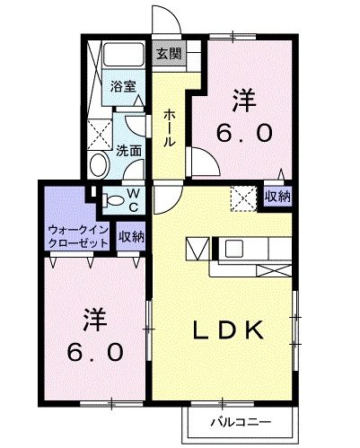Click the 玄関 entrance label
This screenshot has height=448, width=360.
(168, 54)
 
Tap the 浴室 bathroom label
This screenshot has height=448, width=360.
(123, 87)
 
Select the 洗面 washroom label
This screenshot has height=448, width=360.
(128, 151)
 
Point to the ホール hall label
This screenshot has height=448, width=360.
(170, 127)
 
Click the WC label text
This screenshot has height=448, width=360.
(131, 200)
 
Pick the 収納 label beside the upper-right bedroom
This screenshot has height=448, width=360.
(277, 196)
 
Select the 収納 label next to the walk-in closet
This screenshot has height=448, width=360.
(131, 237)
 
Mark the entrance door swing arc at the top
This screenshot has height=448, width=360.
(162, 20)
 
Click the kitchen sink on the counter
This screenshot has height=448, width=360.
(235, 246)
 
